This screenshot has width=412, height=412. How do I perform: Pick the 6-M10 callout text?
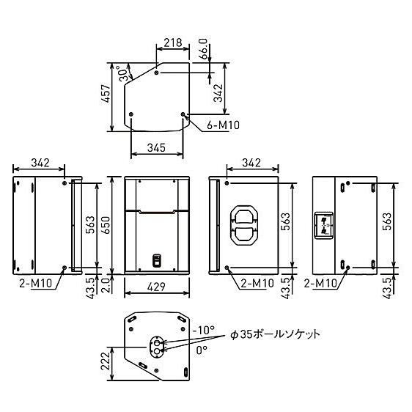(x=220, y=125)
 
